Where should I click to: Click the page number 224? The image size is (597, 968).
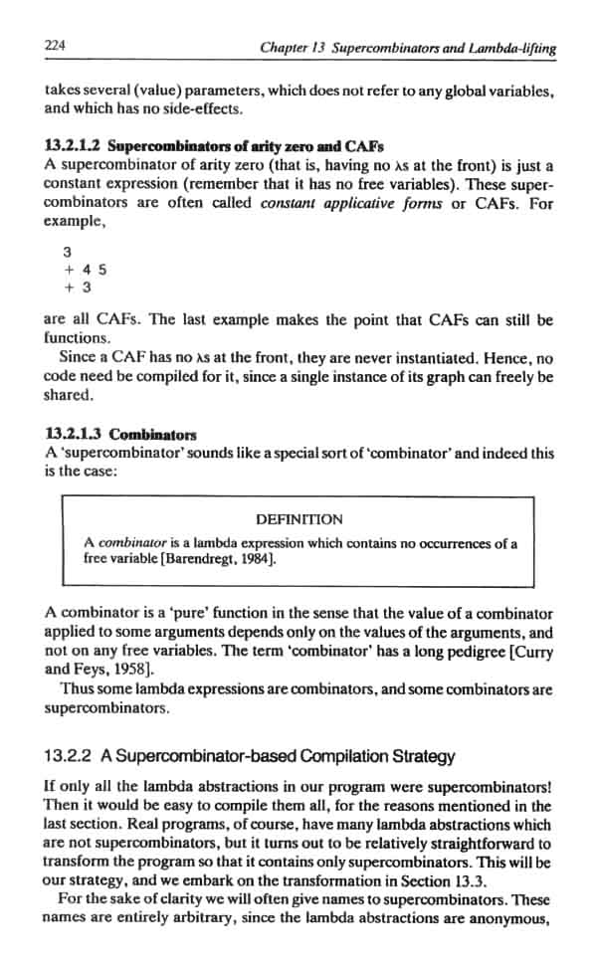click(55, 45)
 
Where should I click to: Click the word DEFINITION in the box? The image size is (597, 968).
click(299, 518)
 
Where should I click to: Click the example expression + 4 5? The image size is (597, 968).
click(86, 270)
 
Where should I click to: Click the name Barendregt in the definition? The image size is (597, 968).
click(189, 559)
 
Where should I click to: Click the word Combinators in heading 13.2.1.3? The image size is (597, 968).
click(153, 435)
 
